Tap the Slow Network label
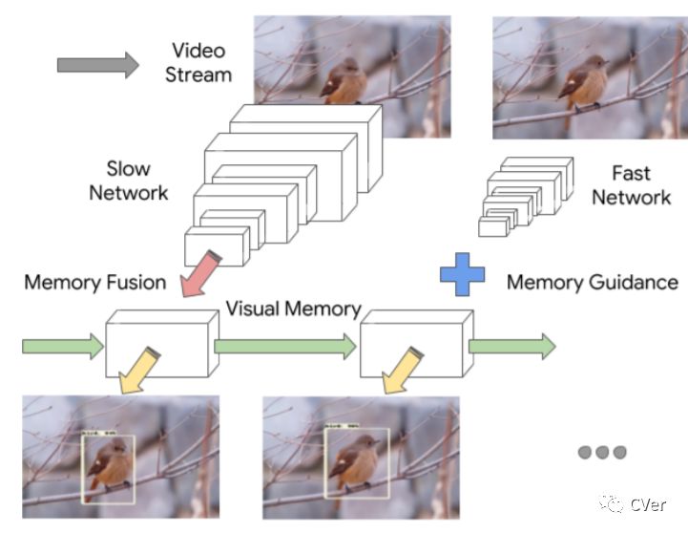[x=128, y=181]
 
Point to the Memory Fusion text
[x=94, y=283]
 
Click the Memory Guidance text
[x=592, y=283]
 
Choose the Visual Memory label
[x=293, y=309]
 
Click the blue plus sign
[x=463, y=274]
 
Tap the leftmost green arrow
[x=62, y=346]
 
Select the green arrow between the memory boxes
[x=285, y=347]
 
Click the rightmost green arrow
[x=511, y=346]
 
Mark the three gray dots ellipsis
[x=602, y=452]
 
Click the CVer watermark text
[x=646, y=503]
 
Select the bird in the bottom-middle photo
[x=354, y=464]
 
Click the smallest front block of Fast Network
[x=493, y=226]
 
